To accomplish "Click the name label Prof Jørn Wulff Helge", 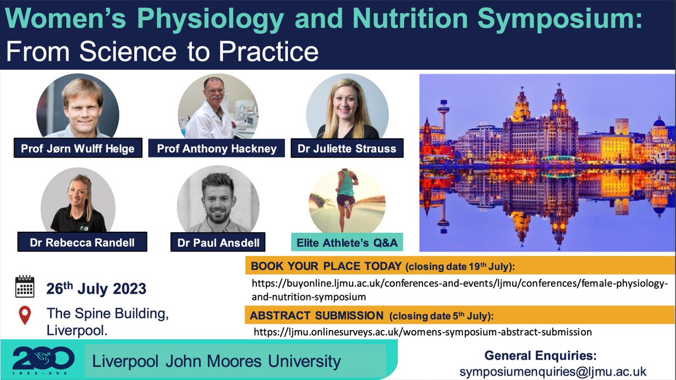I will coord(78,149).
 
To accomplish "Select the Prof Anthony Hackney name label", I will coord(217,149).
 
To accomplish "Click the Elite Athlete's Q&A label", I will coord(347,242).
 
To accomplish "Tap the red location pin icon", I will coord(25,315).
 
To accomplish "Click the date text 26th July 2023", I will coord(96,289).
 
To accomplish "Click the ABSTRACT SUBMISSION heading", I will coord(317,315).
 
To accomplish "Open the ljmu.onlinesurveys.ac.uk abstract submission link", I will coord(422,332).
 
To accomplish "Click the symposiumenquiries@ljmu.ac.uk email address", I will coord(553,372).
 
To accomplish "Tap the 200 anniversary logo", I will coord(43,359).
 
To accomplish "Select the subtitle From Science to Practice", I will coord(162,52).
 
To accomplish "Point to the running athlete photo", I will coord(347,200).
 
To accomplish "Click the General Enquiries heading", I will coord(540,356).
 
